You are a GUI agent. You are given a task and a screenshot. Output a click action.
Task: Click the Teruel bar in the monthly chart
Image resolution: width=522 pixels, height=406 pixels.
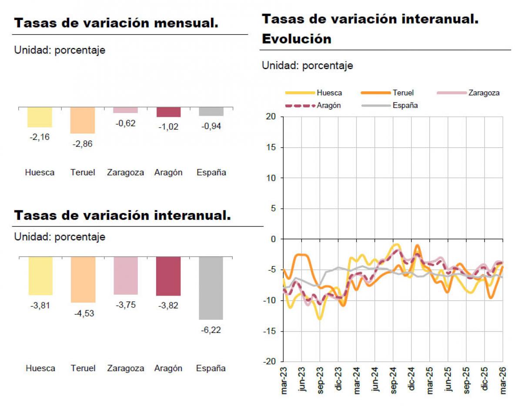(x=83, y=120)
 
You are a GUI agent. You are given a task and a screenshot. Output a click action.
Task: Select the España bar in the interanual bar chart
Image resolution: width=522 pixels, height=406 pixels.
(x=211, y=288)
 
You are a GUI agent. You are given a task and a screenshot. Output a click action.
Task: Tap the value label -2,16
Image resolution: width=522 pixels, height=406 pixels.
(x=40, y=137)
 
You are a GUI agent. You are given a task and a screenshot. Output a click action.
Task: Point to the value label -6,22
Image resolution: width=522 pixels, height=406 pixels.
(x=211, y=330)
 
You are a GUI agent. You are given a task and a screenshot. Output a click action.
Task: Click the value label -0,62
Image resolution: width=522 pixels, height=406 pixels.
(x=126, y=123)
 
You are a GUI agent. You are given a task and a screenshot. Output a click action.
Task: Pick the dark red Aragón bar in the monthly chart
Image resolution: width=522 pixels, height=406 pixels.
(x=168, y=112)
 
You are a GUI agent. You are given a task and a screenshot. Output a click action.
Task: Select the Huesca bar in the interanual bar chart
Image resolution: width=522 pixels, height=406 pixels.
(x=40, y=276)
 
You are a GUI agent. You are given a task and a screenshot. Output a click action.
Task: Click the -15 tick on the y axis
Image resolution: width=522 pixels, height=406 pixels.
(x=270, y=331)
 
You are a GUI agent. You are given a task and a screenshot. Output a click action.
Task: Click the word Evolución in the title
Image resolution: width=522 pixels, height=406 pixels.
(x=296, y=39)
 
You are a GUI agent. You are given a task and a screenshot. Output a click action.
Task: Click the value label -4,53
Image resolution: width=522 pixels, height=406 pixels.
(x=83, y=313)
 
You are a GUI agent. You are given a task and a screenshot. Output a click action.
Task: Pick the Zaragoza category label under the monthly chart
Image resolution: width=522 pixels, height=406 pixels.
(x=126, y=173)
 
